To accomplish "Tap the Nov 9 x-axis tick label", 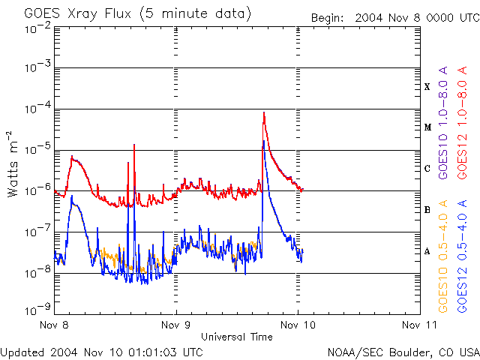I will click(176, 325).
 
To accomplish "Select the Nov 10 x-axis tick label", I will click(298, 325).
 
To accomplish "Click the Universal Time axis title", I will click(236, 337).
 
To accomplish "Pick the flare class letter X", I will click(427, 87).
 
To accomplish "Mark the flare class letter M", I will click(427, 127).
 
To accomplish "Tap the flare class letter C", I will click(427, 169).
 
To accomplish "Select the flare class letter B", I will click(427, 210).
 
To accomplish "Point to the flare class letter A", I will click(427, 251).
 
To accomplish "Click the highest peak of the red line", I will click(263, 112).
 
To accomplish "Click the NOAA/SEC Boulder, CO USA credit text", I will click(403, 352).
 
